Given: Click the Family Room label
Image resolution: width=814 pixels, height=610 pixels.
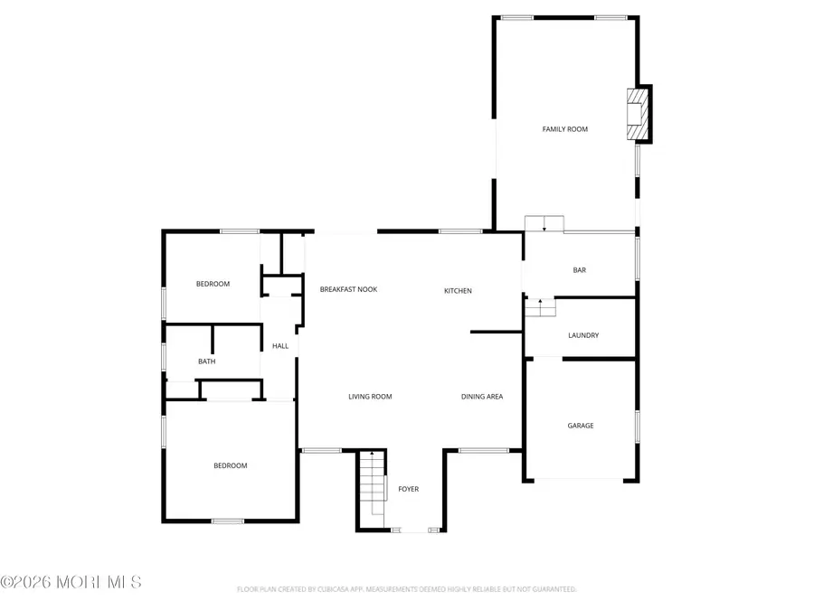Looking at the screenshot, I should [x=564, y=129].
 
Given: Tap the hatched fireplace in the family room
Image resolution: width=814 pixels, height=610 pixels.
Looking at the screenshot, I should [x=639, y=114].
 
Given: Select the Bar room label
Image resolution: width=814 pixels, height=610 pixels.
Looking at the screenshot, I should [x=580, y=270].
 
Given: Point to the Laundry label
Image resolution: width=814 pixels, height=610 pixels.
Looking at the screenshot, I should [x=583, y=335].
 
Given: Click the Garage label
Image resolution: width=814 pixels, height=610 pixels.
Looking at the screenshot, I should [x=581, y=426].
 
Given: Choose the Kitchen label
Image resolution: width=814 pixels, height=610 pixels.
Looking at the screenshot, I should [x=458, y=290].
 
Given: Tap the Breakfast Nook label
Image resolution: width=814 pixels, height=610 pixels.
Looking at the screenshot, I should [x=348, y=289].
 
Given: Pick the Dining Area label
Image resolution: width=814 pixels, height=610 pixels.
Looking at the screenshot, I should [x=482, y=397].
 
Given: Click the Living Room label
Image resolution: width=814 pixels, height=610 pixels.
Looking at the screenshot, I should [x=370, y=397].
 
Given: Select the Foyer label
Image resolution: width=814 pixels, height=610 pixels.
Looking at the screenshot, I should [x=409, y=489].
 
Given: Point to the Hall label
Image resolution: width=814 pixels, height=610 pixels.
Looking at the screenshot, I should [x=280, y=346].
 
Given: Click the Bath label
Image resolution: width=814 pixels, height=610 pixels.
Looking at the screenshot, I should [x=207, y=361].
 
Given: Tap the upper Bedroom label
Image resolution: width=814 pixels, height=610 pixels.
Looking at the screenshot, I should [x=213, y=284].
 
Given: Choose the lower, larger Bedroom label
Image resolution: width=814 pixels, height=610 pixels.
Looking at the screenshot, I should [x=230, y=465].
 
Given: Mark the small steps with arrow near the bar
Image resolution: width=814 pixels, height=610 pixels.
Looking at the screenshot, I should [x=540, y=307].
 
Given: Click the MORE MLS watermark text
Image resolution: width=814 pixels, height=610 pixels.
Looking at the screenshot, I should [x=71, y=582].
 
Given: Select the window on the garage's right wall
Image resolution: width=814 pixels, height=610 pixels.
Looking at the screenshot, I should [x=638, y=426].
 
